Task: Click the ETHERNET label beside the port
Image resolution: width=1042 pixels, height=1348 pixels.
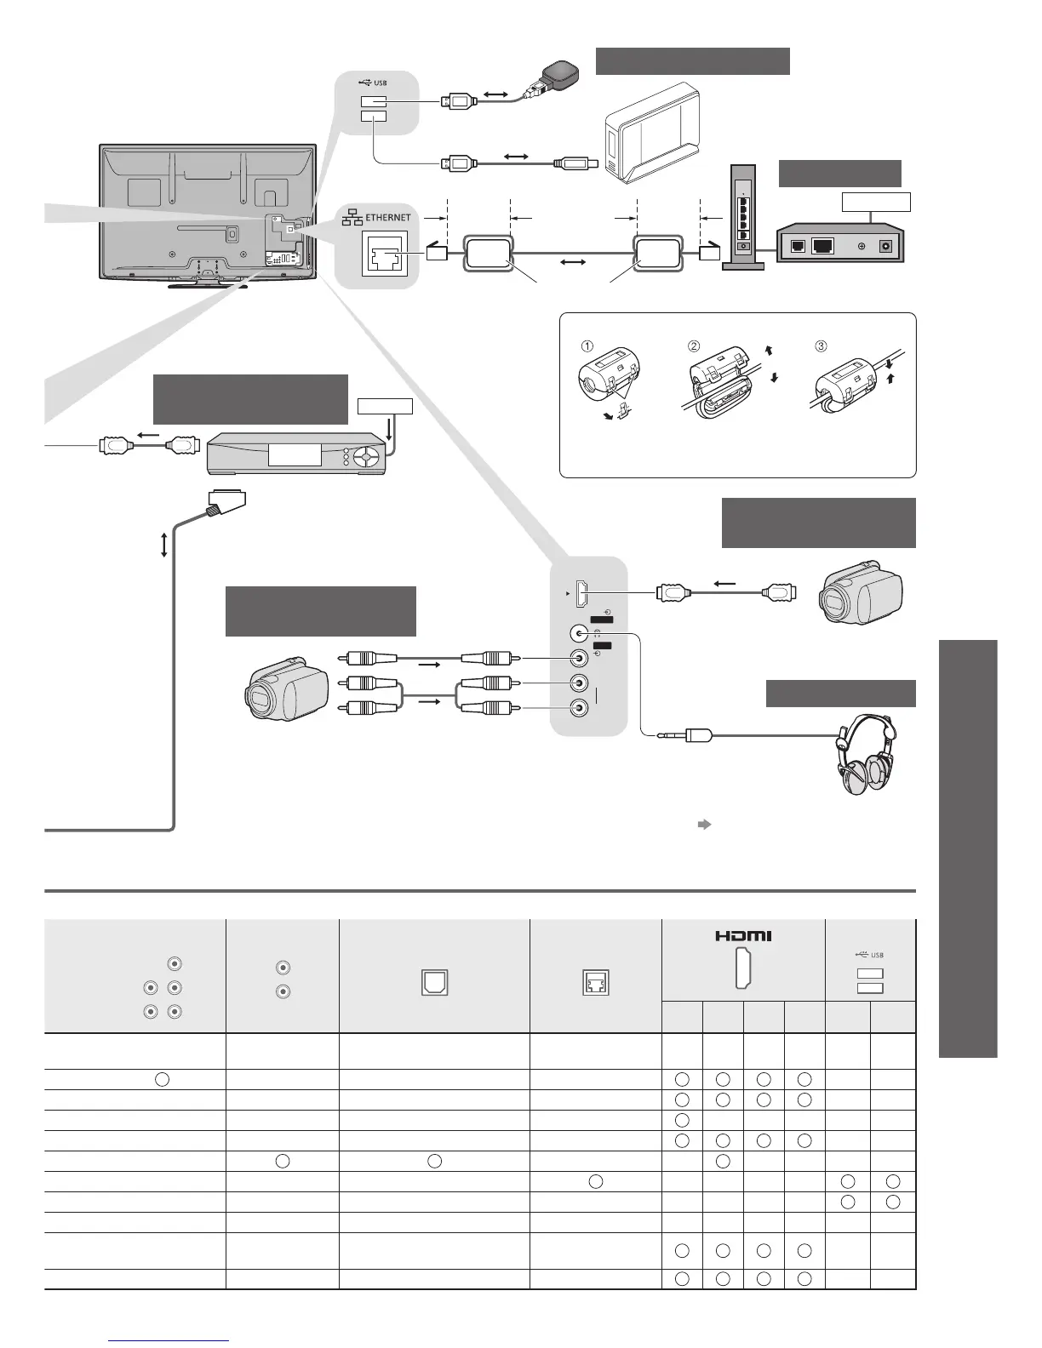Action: [388, 218]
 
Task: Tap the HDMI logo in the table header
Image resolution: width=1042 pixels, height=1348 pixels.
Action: [743, 936]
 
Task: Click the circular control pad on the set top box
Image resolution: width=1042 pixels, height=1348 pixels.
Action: [365, 457]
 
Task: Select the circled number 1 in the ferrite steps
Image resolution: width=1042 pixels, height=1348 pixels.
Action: [587, 346]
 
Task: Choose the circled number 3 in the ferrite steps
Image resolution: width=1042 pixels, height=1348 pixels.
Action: [821, 346]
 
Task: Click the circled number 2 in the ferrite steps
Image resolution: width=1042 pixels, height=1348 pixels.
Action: [694, 346]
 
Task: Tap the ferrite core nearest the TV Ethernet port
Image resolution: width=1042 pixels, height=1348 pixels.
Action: [488, 253]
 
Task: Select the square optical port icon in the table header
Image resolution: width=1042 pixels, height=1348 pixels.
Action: [434, 983]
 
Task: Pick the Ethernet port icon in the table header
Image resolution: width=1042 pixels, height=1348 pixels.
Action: [596, 983]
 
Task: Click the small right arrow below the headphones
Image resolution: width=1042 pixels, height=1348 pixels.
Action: [704, 824]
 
